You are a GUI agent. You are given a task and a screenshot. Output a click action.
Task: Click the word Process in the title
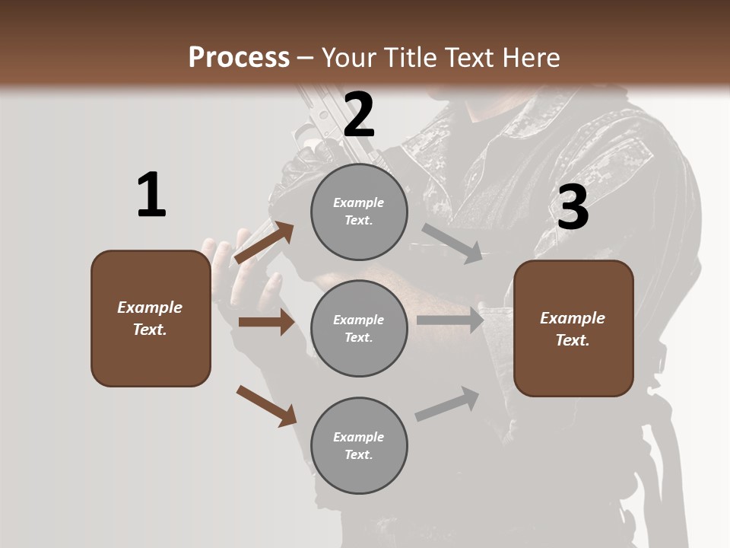[239, 57]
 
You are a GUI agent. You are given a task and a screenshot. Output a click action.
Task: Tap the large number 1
[151, 195]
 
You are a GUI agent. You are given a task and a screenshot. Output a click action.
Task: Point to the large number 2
[359, 114]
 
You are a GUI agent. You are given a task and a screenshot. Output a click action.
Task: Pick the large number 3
[573, 207]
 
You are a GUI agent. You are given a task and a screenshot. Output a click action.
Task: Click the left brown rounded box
[151, 318]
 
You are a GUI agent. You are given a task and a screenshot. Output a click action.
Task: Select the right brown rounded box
[573, 329]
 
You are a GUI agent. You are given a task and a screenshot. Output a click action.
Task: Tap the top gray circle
[359, 212]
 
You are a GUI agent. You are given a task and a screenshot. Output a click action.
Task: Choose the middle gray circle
[359, 329]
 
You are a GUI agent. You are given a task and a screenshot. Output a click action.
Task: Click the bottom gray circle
[359, 446]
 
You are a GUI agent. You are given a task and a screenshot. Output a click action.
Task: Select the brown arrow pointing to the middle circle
[266, 322]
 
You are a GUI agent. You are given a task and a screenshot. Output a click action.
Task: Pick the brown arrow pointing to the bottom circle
[266, 406]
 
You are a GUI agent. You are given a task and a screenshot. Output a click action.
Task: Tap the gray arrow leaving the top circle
[452, 243]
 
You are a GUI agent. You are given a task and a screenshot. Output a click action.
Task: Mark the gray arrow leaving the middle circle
[450, 320]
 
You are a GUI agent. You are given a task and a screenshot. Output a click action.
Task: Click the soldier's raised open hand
[228, 263]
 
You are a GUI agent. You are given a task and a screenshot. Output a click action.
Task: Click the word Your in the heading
[346, 57]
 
